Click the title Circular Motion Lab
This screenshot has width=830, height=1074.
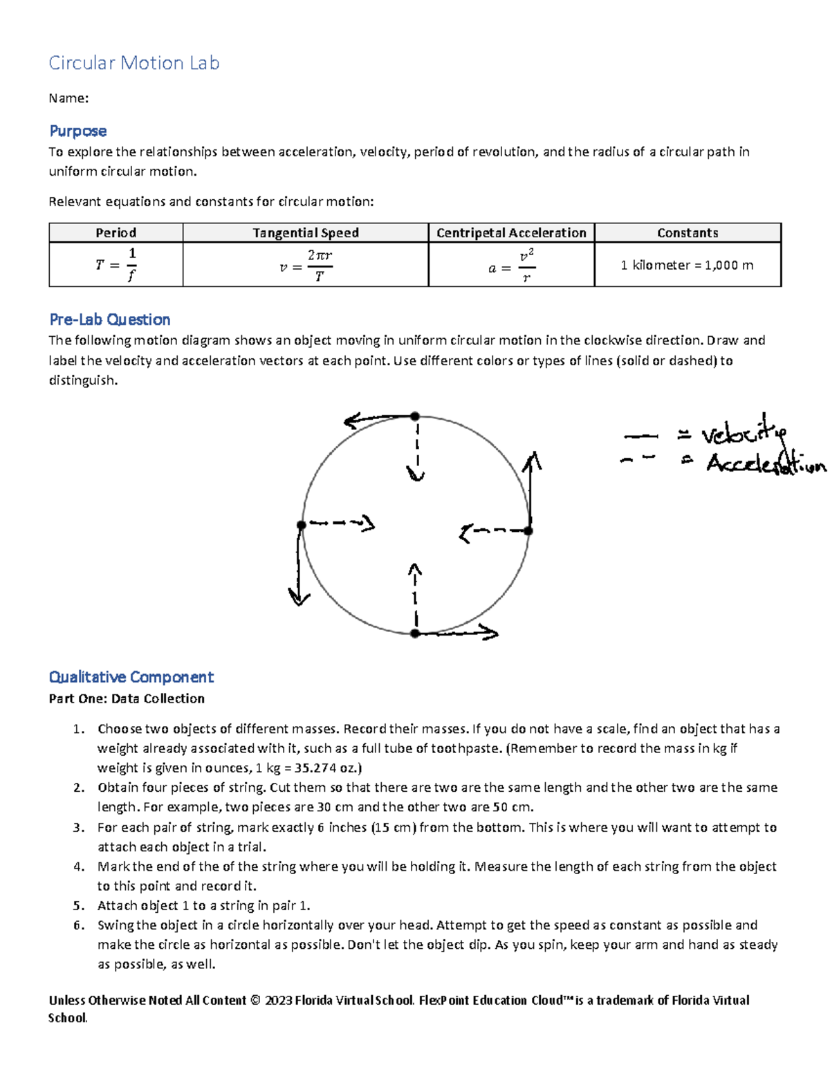click(133, 63)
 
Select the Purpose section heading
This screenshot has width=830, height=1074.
click(77, 131)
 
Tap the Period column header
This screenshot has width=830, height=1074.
click(116, 233)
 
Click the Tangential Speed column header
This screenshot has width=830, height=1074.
click(305, 233)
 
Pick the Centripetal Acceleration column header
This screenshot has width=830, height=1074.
click(511, 233)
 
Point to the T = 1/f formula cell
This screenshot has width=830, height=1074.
click(116, 265)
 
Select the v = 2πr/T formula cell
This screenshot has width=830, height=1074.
click(305, 265)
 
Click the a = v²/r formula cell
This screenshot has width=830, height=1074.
click(511, 265)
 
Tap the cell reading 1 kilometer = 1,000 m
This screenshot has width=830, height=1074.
click(687, 265)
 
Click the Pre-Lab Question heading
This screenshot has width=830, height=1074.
click(109, 320)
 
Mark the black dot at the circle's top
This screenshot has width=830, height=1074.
click(414, 416)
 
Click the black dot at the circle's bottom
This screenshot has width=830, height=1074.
click(415, 633)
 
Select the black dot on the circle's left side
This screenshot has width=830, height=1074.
click(302, 525)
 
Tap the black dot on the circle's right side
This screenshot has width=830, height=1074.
click(528, 531)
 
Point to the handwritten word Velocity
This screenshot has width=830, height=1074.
click(744, 434)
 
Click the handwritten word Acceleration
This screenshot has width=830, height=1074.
click(764, 463)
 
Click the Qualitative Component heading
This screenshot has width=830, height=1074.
click(131, 677)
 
